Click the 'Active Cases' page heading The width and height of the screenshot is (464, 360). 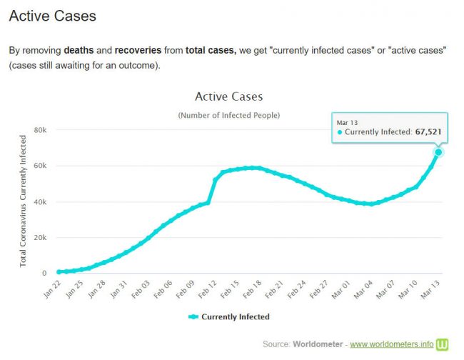coord(52,16)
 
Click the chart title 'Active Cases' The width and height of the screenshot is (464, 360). coord(228,96)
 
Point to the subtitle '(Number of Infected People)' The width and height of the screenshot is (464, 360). coord(228,115)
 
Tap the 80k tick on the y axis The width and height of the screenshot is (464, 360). coord(40,131)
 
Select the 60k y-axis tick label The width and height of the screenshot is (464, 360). coord(40,166)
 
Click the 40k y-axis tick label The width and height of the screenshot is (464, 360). coord(40,202)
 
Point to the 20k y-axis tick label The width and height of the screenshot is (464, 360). coord(40,238)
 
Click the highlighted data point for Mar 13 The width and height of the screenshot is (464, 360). coord(438,151)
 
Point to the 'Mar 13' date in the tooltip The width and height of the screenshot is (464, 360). coord(348,122)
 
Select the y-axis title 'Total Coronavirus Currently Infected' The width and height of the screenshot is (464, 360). coord(23,201)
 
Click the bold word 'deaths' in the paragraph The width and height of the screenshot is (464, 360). coord(79,51)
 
